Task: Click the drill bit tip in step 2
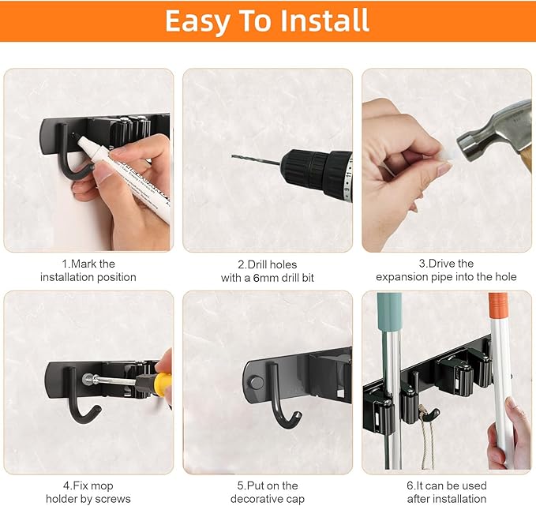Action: point(234,158)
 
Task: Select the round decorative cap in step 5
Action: point(255,382)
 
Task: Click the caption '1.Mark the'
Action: point(88,264)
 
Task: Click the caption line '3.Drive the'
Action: point(446,264)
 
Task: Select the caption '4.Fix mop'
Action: point(88,485)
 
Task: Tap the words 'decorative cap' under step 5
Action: point(268,498)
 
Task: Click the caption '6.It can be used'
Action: point(447,485)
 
